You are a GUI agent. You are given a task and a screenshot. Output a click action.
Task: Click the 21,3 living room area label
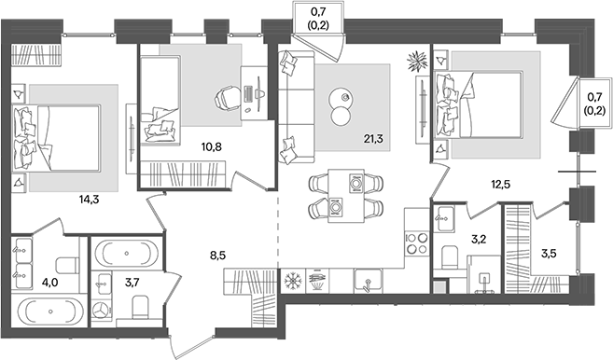(x=374, y=140)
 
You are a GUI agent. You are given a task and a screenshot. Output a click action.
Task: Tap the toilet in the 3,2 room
(x=448, y=256)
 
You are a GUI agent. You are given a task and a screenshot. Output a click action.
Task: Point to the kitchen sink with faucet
(x=368, y=279)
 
